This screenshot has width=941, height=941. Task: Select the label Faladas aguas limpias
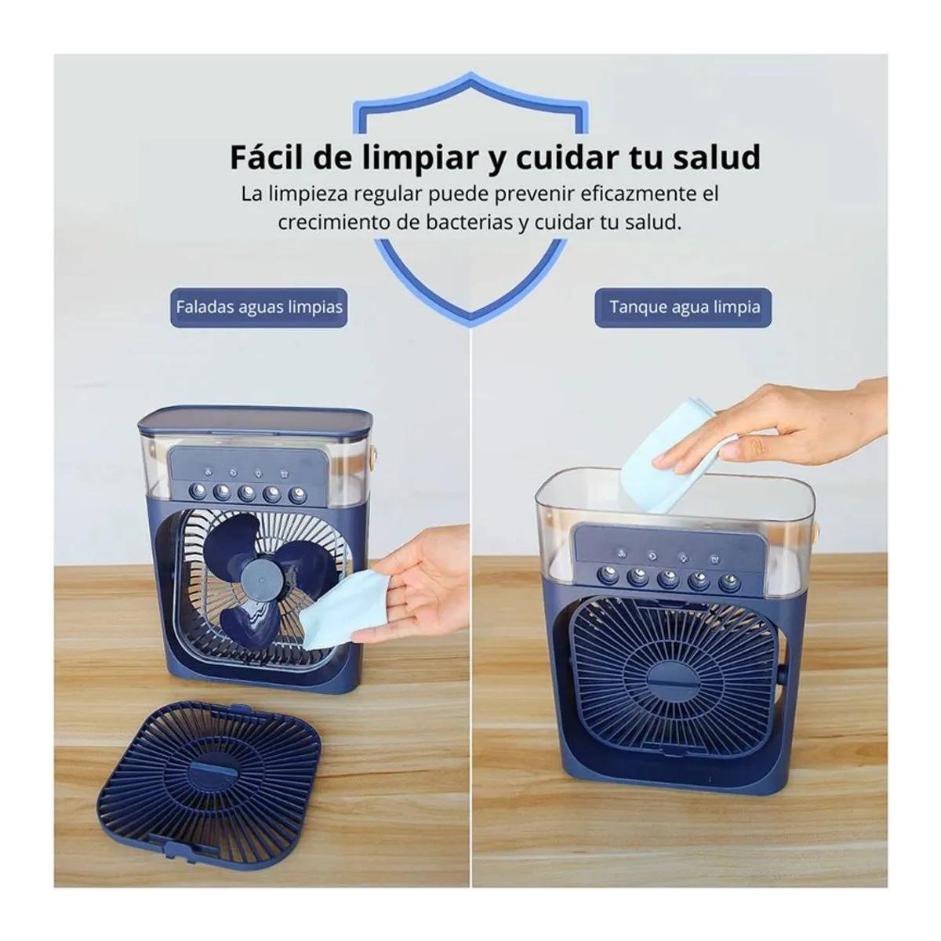259,307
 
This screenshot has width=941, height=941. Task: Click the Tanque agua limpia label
684,307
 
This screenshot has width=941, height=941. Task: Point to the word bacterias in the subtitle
469,223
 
